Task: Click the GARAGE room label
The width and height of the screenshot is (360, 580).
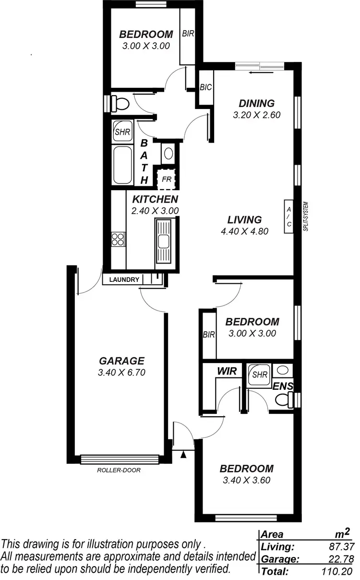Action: click(x=121, y=361)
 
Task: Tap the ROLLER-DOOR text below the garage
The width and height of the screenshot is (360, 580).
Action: click(x=119, y=470)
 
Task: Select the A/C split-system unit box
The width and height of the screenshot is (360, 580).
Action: click(x=288, y=217)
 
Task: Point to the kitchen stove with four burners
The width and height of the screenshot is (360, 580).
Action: click(x=118, y=239)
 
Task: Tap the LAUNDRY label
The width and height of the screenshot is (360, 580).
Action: click(x=124, y=279)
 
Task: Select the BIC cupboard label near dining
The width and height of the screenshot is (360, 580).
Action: click(x=206, y=87)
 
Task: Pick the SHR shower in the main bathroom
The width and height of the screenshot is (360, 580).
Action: click(x=122, y=132)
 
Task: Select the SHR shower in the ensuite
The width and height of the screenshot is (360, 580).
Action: click(x=259, y=375)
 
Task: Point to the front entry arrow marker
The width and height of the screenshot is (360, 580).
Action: click(x=183, y=455)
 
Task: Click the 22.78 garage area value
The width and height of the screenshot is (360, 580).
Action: click(x=336, y=559)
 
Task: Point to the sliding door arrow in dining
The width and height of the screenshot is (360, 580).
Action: click(x=262, y=73)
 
